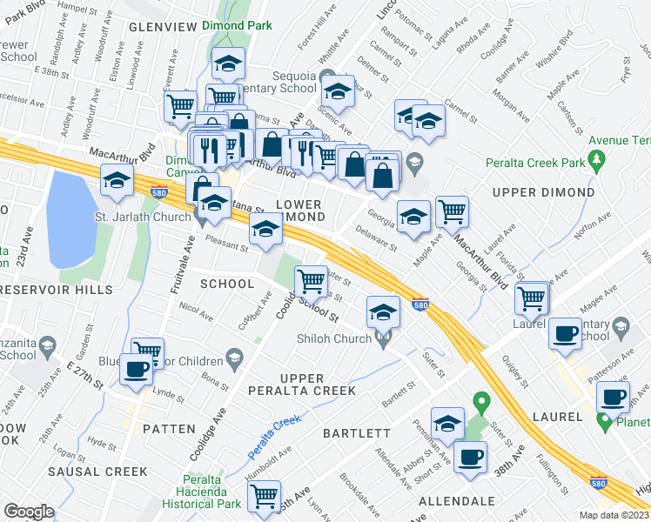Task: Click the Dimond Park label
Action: click(x=232, y=27)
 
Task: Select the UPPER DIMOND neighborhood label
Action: click(x=543, y=191)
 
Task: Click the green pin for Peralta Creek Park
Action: click(x=596, y=160)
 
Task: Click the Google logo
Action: click(x=30, y=512)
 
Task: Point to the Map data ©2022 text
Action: click(x=614, y=515)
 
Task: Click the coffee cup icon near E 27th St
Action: click(x=137, y=368)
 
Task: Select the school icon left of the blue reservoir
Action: click(x=117, y=180)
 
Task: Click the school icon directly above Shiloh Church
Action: click(x=381, y=310)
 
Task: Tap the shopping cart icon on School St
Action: click(x=311, y=279)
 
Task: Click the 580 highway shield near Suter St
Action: click(x=419, y=305)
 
